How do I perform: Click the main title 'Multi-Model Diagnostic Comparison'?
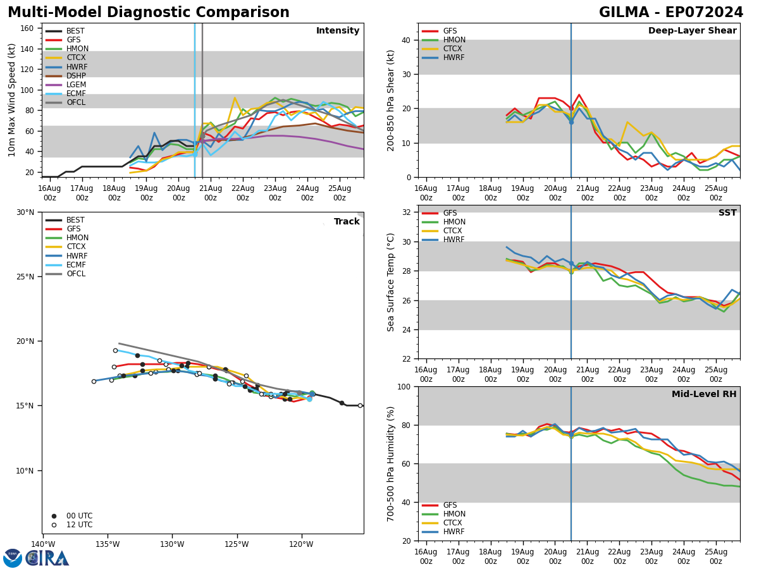149,13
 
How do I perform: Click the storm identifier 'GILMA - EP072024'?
670,13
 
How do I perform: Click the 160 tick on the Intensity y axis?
27,28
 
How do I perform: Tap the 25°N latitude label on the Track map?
25,277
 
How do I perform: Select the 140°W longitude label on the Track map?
43,544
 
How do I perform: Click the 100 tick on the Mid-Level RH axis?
402,386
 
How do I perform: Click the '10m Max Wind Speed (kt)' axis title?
12,100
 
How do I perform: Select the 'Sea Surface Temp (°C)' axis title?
392,282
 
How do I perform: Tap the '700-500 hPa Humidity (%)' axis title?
392,463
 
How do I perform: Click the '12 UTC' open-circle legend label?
79,525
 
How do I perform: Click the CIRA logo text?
47,558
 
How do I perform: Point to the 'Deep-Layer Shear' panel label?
692,31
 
